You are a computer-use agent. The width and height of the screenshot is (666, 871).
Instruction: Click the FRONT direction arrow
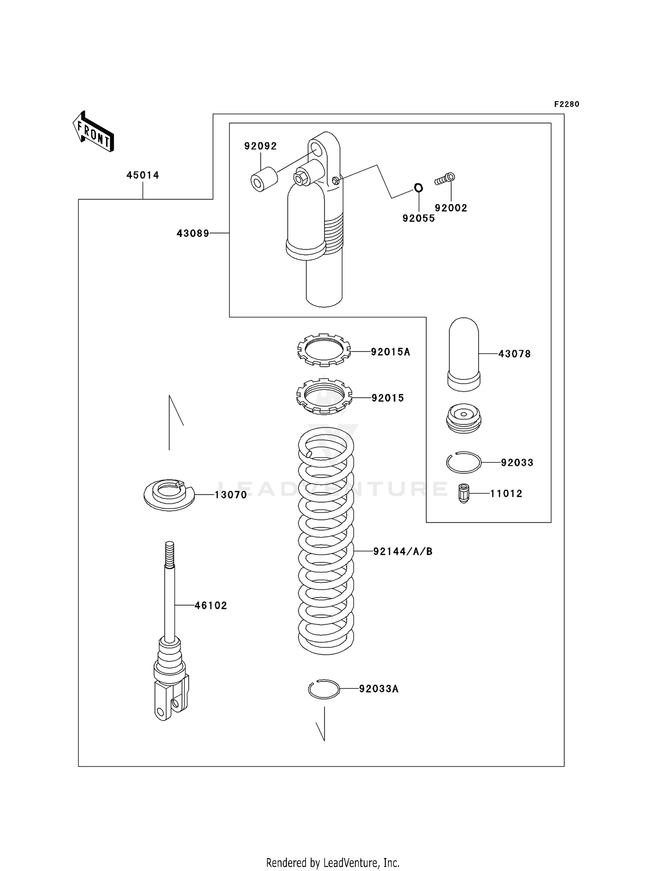click(94, 132)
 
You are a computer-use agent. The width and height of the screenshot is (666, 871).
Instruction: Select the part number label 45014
click(143, 175)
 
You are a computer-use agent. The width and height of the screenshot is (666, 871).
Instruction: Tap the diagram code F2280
click(566, 104)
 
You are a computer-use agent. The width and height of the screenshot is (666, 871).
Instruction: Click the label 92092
click(260, 146)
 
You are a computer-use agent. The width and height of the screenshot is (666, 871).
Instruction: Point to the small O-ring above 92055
click(418, 188)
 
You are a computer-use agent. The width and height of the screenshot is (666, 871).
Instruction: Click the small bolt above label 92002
click(444, 179)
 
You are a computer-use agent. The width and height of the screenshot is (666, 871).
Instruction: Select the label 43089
click(193, 233)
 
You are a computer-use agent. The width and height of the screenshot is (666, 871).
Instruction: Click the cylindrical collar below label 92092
click(263, 179)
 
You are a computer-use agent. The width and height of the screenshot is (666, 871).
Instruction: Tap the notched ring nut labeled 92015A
click(324, 350)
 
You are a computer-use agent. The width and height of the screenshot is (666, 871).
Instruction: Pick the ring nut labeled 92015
click(324, 396)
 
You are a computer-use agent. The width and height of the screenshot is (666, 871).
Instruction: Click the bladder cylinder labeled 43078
click(464, 354)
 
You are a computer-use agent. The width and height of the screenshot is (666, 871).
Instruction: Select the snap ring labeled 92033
click(464, 463)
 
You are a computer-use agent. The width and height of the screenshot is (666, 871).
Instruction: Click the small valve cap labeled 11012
click(464, 493)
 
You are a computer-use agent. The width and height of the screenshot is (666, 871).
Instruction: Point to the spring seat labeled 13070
click(169, 494)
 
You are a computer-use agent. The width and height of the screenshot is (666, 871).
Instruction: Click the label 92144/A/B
click(402, 551)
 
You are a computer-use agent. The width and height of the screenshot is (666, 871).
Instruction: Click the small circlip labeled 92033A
click(324, 689)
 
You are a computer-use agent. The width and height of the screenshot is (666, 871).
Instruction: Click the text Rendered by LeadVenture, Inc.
click(333, 863)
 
